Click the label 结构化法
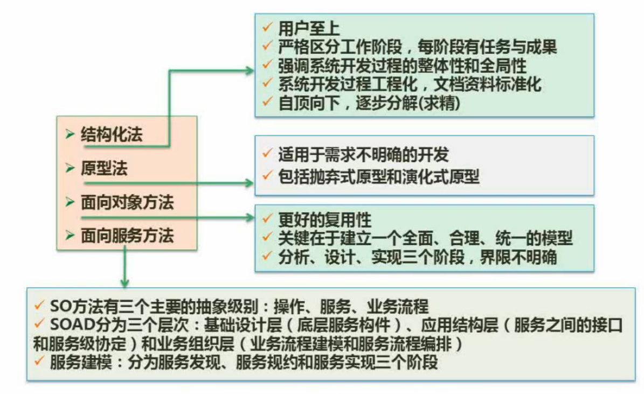coord(112,134)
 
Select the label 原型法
coord(104,168)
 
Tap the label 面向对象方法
coord(127,202)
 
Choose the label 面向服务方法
coord(127,236)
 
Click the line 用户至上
coord(309,29)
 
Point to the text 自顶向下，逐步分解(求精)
coord(369,103)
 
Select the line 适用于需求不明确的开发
coord(363,155)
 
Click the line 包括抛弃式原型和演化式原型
coord(379,176)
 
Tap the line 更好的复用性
coord(324,220)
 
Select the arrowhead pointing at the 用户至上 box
coord(250,71)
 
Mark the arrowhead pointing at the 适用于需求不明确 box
coord(249,182)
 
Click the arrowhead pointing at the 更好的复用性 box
coord(250,217)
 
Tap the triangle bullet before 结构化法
coord(70,134)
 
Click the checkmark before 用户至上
coord(267,27)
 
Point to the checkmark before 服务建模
coord(39,361)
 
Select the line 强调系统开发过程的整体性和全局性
coord(402,66)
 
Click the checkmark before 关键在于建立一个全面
coord(267,237)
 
